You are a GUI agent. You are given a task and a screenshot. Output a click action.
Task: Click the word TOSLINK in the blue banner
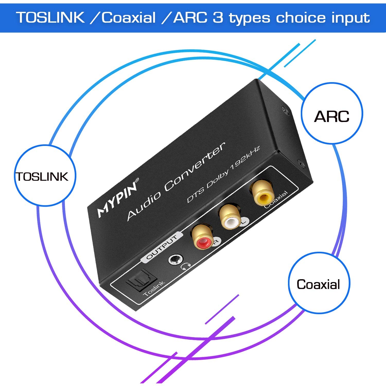[x=50, y=17]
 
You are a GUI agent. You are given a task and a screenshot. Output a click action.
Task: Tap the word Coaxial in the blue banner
[x=128, y=17]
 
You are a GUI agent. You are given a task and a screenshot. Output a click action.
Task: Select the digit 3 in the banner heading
[x=218, y=17]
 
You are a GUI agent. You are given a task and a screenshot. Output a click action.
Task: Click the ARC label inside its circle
[x=332, y=116]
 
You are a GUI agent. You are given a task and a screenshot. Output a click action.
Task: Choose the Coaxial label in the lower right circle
[x=318, y=284]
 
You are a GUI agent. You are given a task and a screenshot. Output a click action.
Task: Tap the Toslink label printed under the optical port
[x=154, y=289]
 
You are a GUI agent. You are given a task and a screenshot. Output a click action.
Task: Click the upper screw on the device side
[x=285, y=110]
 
